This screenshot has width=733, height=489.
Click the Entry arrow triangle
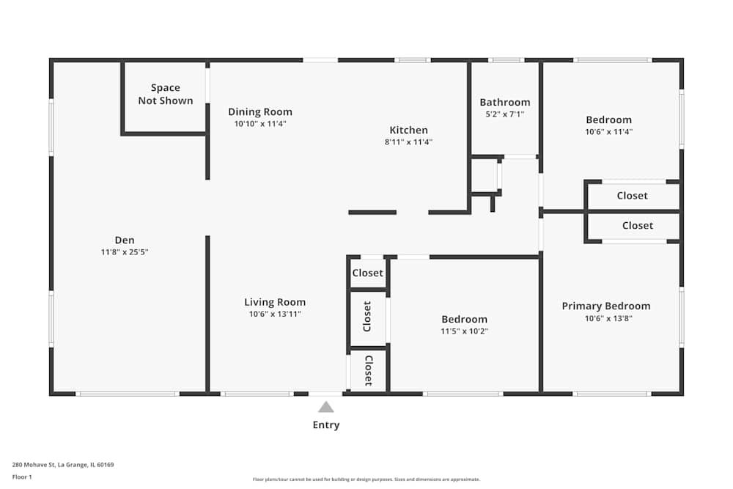[x=326, y=407]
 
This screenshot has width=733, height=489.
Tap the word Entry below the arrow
[x=326, y=425]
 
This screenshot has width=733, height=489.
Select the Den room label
[x=125, y=240]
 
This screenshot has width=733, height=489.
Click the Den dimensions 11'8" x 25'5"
[x=125, y=252]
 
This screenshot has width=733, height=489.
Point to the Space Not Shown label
[x=166, y=95]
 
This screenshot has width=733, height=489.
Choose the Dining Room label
[x=260, y=112]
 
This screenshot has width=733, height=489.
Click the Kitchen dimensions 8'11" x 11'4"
[x=408, y=142]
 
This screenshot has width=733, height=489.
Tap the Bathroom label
[x=505, y=103]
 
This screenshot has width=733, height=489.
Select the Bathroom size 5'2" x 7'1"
[x=505, y=114]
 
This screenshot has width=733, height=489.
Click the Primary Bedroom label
[x=606, y=306]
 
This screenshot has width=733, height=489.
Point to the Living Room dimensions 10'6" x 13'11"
[x=275, y=315]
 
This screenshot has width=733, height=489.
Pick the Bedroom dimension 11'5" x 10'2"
[x=464, y=331]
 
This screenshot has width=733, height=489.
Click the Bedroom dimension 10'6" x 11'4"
[x=608, y=133]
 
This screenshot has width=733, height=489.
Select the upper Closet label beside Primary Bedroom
[x=632, y=196]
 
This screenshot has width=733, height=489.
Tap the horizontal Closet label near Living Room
[x=367, y=273]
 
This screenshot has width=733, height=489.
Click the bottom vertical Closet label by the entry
[x=368, y=370]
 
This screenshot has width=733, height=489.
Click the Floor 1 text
[x=22, y=477]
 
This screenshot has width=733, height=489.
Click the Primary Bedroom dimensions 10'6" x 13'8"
[x=606, y=319]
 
